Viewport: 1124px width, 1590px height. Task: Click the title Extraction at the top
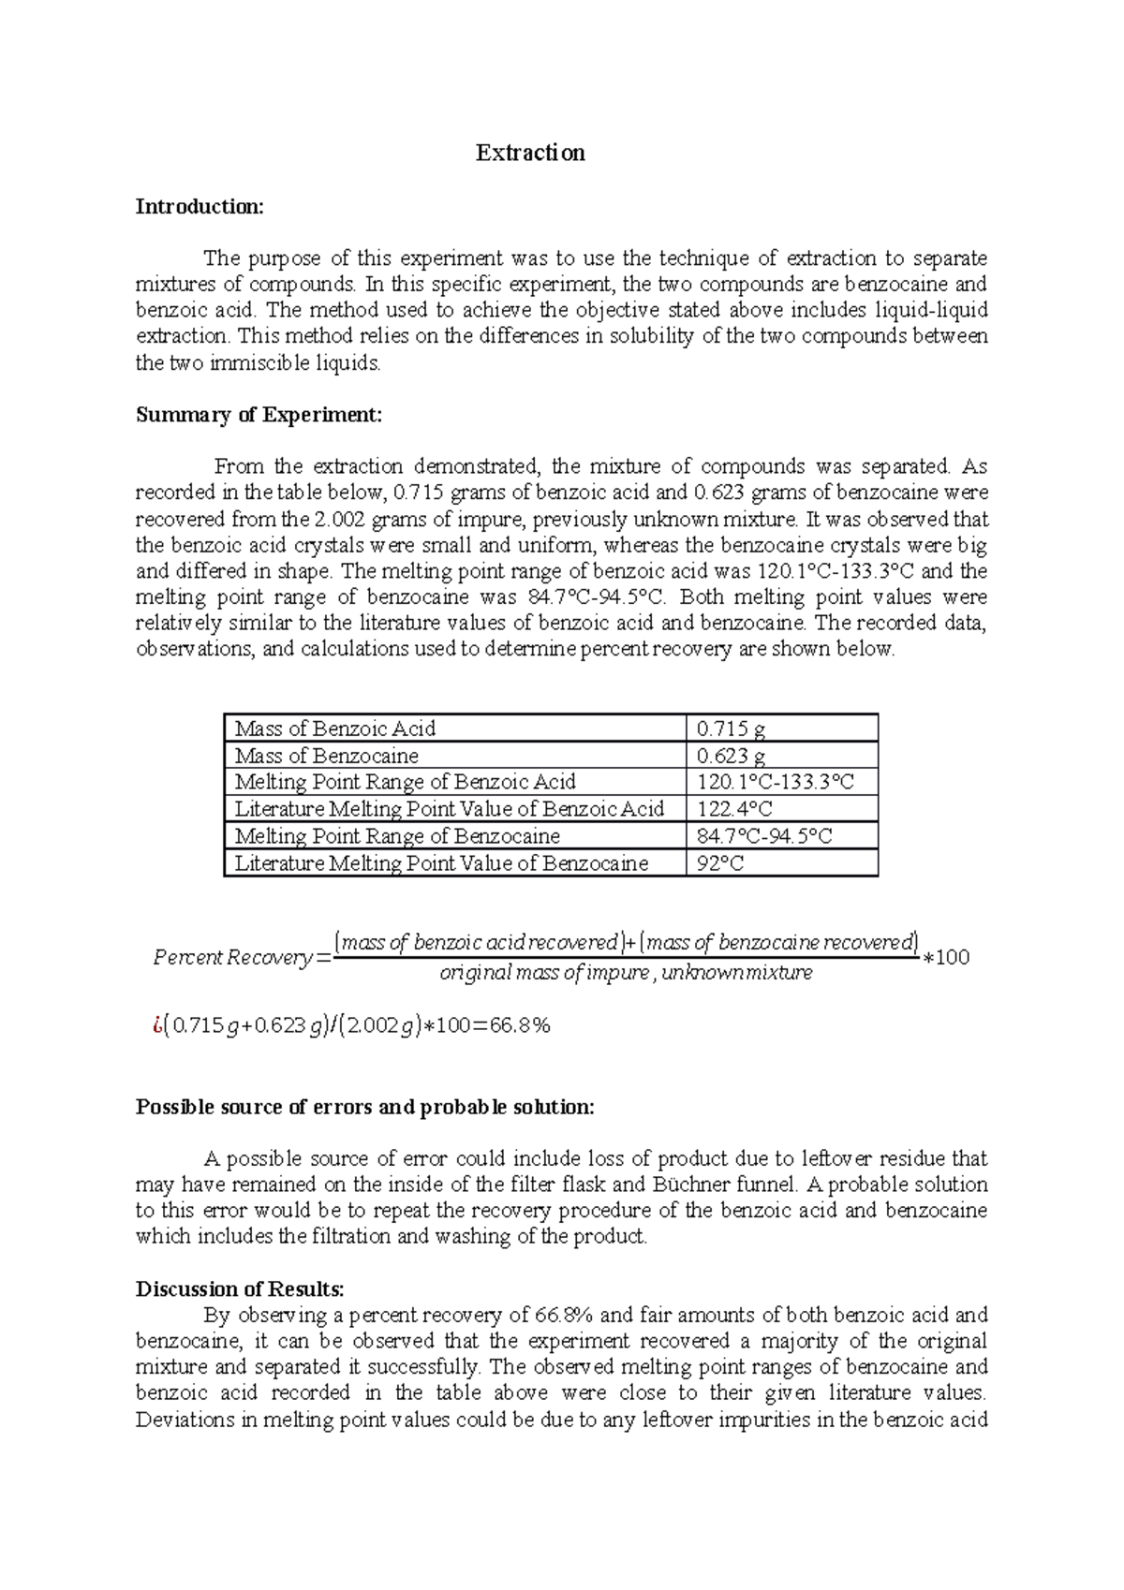pos(530,153)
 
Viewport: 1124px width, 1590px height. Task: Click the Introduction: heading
pos(200,206)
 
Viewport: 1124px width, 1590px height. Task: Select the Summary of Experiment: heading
pos(259,415)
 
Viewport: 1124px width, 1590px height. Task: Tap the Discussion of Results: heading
pos(240,1288)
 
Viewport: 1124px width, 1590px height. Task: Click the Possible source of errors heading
pos(364,1107)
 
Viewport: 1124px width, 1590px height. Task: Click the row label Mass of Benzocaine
pos(326,756)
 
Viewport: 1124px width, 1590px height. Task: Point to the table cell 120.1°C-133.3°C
pos(776,782)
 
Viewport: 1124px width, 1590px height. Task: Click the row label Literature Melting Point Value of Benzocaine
pos(441,863)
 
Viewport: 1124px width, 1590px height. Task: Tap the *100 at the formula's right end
pos(946,958)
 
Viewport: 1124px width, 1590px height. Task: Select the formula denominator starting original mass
pos(626,973)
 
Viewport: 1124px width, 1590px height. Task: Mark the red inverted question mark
pos(140,1026)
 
